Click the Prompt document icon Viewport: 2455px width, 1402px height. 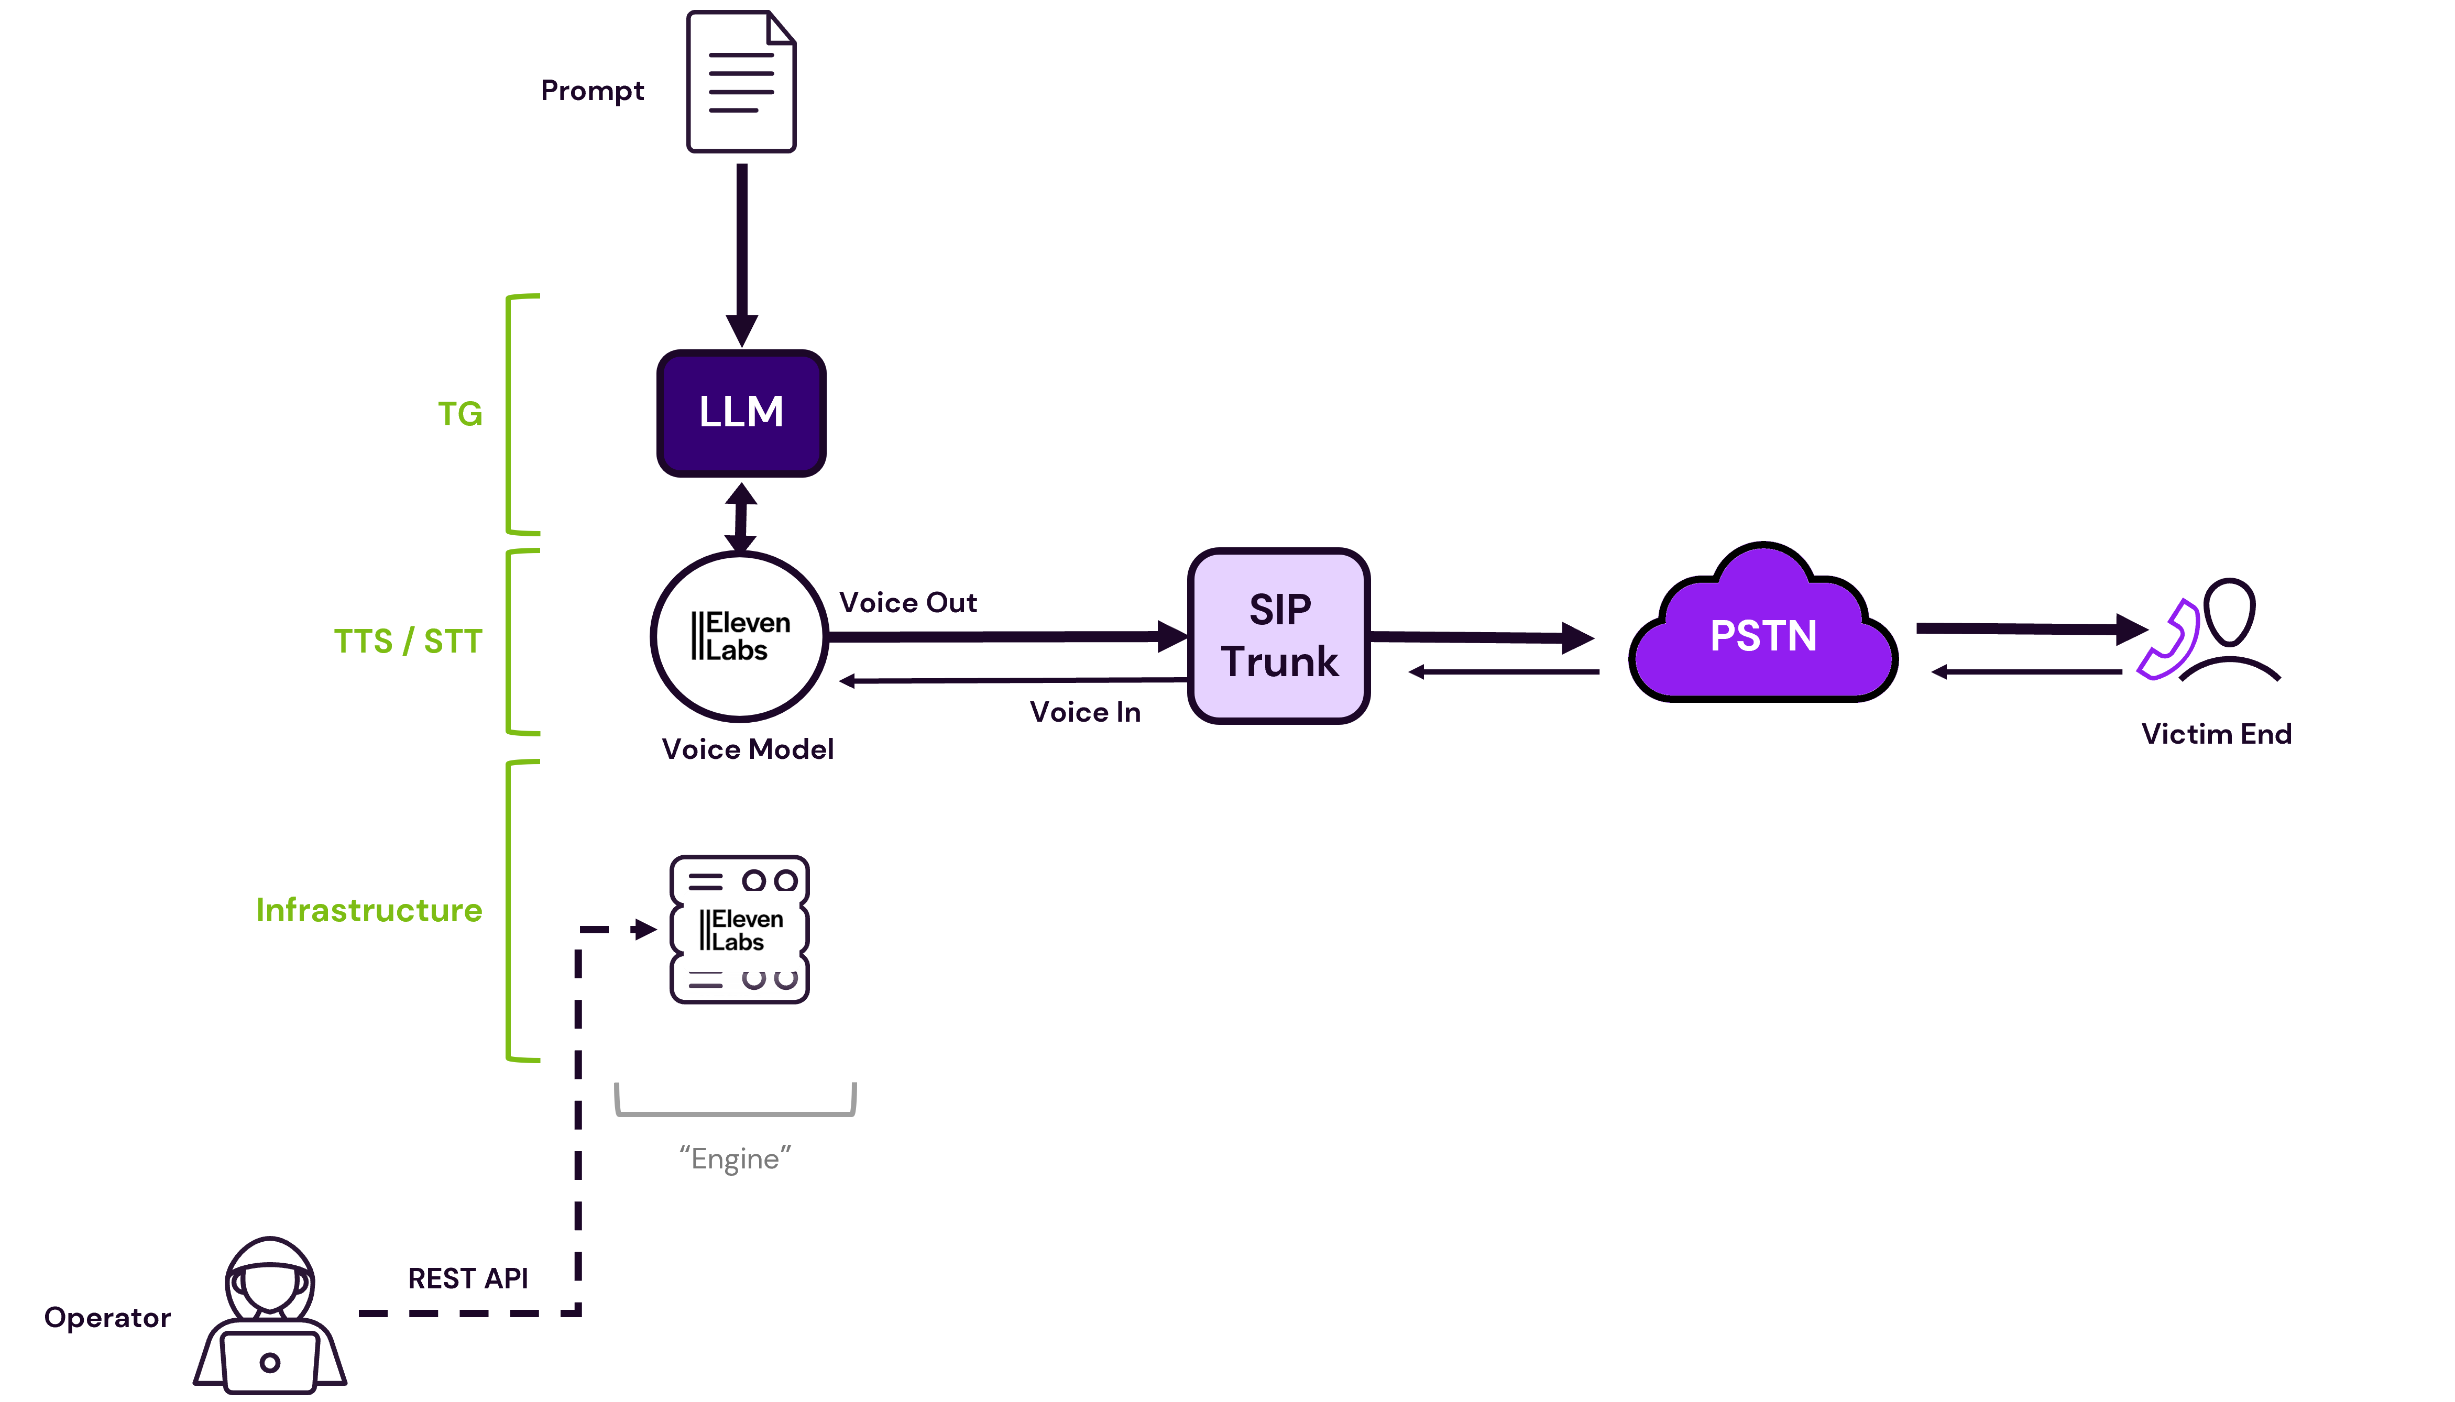[x=741, y=82]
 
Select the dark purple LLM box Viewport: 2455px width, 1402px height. [x=741, y=413]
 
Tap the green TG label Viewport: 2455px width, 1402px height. [x=461, y=414]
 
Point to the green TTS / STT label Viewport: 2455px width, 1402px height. [x=408, y=642]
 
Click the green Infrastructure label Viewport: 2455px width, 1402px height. [x=369, y=910]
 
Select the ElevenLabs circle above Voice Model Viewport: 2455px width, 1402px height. [x=739, y=636]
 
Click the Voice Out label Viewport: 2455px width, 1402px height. [x=908, y=603]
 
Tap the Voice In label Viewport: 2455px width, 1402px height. [x=1086, y=713]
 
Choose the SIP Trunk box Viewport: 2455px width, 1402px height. [x=1279, y=635]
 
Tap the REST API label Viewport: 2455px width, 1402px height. [x=468, y=1279]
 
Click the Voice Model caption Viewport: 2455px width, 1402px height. [x=748, y=749]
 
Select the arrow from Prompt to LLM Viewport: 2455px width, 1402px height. [x=742, y=255]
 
